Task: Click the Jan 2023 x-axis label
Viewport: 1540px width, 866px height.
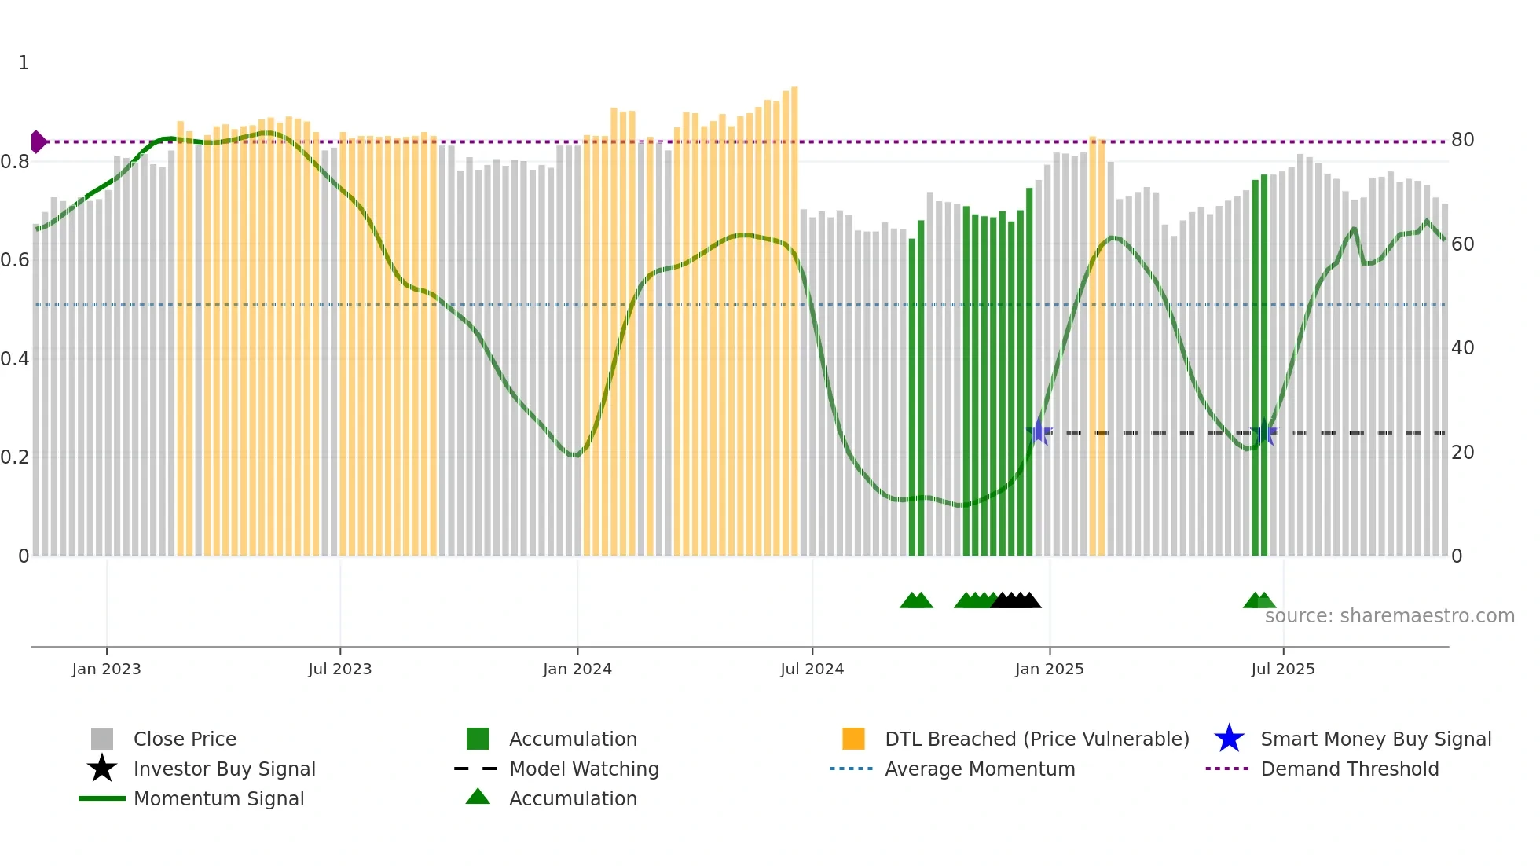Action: tap(106, 669)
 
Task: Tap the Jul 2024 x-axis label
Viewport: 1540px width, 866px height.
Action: tap(812, 669)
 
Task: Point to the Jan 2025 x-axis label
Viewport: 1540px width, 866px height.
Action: tap(1049, 669)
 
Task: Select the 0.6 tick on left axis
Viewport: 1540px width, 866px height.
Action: tap(15, 260)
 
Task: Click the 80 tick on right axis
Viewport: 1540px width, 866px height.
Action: tap(1462, 140)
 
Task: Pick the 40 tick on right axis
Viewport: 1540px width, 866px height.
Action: tap(1462, 348)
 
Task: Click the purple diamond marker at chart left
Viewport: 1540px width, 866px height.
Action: tap(38, 141)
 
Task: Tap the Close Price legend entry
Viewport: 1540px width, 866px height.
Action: tap(184, 739)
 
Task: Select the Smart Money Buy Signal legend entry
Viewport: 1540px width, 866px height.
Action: tap(1375, 739)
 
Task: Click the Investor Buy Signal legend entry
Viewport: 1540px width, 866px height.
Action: tap(224, 769)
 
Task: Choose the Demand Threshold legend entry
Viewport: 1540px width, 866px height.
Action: tap(1349, 769)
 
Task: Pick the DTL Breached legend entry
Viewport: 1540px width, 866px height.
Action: tap(1036, 739)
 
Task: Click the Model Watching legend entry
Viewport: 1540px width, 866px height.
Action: tap(583, 769)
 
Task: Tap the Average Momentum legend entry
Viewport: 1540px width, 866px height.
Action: tap(979, 769)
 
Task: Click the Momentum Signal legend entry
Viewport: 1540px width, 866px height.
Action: tap(218, 798)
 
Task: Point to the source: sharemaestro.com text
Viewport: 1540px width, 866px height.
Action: tap(1389, 615)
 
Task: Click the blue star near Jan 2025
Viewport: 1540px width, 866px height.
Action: tap(1039, 431)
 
